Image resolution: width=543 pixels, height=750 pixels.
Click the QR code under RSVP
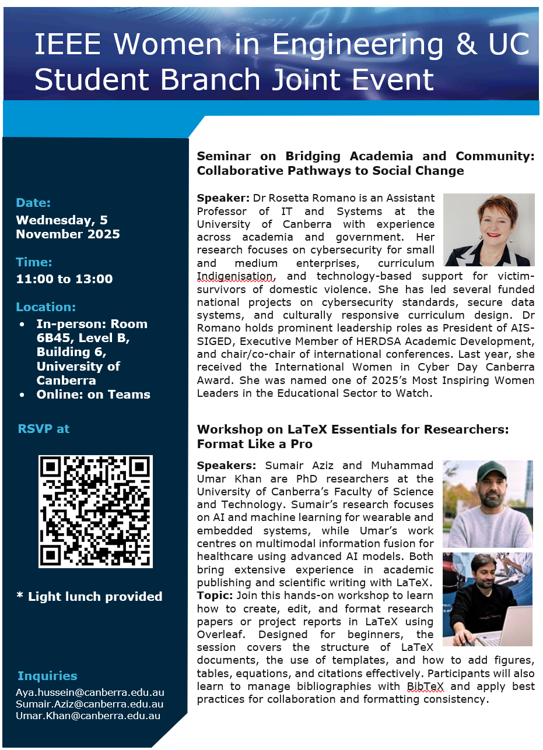pos(96,511)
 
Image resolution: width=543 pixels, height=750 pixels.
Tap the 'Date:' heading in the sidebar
pos(33,203)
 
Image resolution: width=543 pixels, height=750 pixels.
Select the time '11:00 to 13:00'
pos(64,279)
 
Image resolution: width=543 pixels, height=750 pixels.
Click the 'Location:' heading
pos(45,307)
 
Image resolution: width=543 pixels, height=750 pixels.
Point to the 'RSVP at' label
pos(44,429)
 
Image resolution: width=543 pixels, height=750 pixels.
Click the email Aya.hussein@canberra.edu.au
pos(90,693)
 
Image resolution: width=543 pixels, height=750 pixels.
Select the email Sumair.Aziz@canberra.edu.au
pos(89,705)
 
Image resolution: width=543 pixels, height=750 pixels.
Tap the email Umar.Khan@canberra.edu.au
pos(88,716)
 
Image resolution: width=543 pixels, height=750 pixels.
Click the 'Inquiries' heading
pos(47,676)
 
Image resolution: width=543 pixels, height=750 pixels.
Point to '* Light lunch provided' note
pos(89,597)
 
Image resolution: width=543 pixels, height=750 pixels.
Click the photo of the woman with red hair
pos(489,230)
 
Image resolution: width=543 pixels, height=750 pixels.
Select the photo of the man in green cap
pos(487,503)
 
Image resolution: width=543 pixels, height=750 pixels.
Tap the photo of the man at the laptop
pos(487,598)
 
